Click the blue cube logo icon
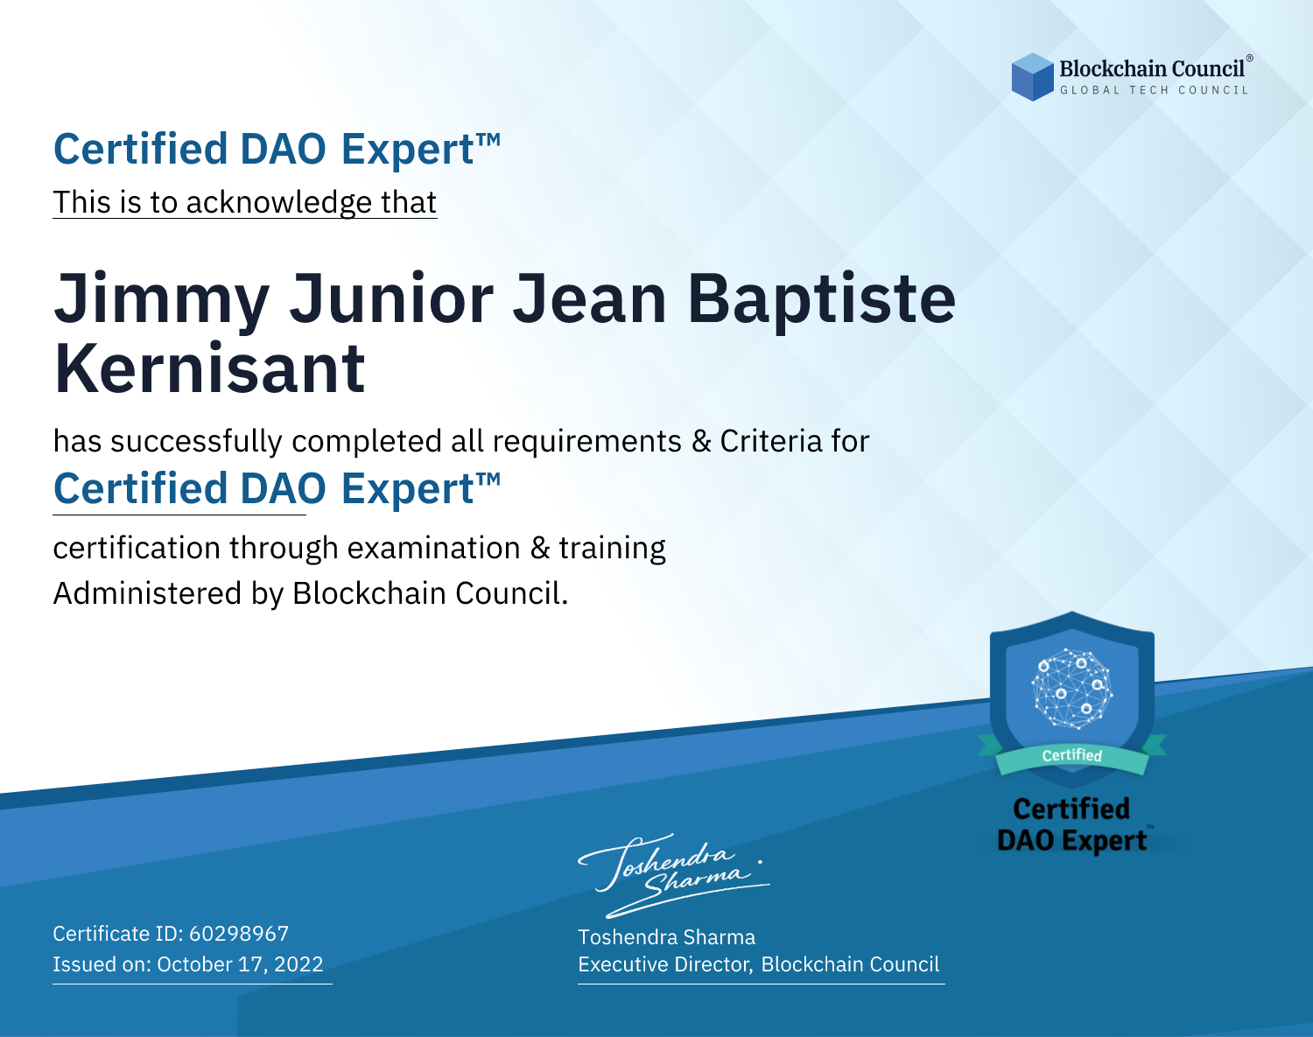coord(1032,77)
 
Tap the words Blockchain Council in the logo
coord(1152,69)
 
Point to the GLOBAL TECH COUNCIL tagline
coord(1154,90)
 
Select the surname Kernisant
coord(209,369)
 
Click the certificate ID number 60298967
coord(239,933)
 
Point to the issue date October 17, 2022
coord(240,963)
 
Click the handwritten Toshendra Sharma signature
coord(674,875)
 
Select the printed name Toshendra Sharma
coord(666,937)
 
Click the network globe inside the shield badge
coord(1071,689)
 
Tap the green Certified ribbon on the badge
coord(1072,756)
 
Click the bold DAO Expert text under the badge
coord(1072,841)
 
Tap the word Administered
coord(147,593)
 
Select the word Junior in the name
coord(391,299)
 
